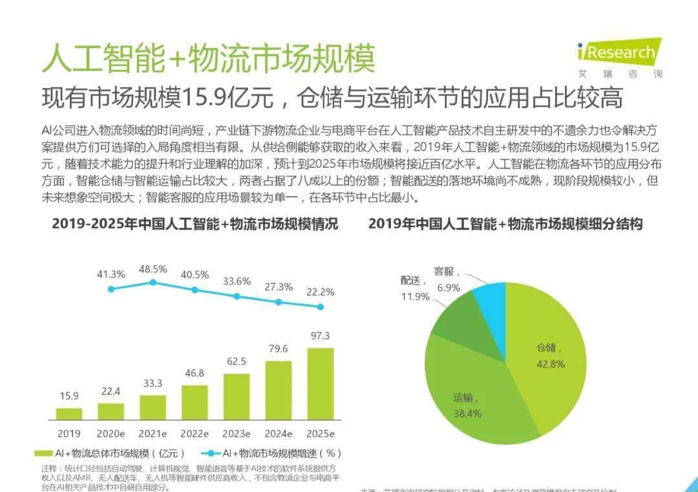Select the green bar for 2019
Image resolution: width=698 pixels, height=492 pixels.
pos(69,413)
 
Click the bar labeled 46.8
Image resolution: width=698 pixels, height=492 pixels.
pos(195,402)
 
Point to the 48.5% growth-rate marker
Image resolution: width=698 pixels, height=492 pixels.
pos(153,282)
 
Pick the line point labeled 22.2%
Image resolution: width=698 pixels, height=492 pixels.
pos(320,307)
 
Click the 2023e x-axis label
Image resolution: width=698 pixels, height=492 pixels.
pos(237,433)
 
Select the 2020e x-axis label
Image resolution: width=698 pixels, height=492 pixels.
pos(111,433)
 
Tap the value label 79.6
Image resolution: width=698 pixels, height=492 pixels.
pos(279,350)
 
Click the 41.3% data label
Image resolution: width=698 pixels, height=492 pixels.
pos(111,274)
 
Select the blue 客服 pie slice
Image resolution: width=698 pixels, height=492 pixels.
pos(491,300)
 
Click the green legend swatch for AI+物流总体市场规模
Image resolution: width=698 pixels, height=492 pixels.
pos(43,453)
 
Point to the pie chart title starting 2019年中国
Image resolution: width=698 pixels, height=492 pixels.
pos(505,225)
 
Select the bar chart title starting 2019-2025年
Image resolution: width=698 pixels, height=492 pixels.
pos(195,225)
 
